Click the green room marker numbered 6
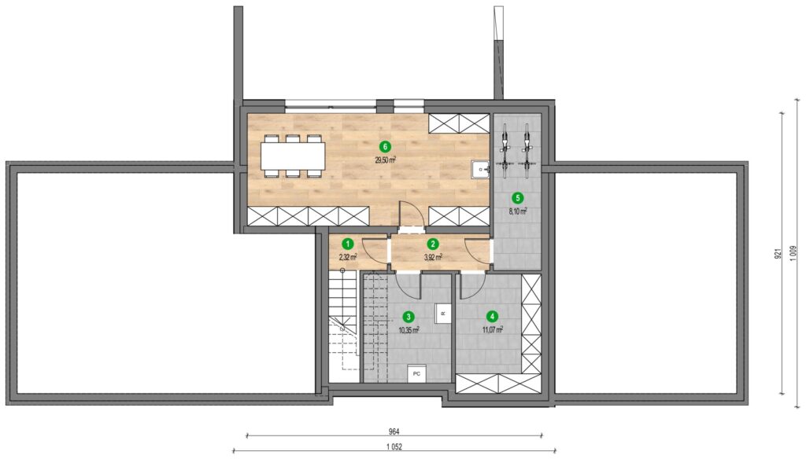[384, 147]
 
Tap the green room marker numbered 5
[518, 197]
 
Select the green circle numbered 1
[348, 244]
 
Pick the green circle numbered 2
[434, 244]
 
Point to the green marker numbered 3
[409, 317]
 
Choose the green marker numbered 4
[493, 316]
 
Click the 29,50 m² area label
[385, 160]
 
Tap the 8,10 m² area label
[518, 211]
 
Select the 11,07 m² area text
[493, 329]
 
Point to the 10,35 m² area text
[409, 329]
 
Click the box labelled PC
[416, 374]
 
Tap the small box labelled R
[443, 313]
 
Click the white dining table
[293, 156]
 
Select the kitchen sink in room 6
[480, 169]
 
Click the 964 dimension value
[394, 431]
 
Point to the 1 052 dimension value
[394, 446]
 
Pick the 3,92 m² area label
[434, 257]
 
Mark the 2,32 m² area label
[348, 257]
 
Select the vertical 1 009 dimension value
[793, 252]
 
